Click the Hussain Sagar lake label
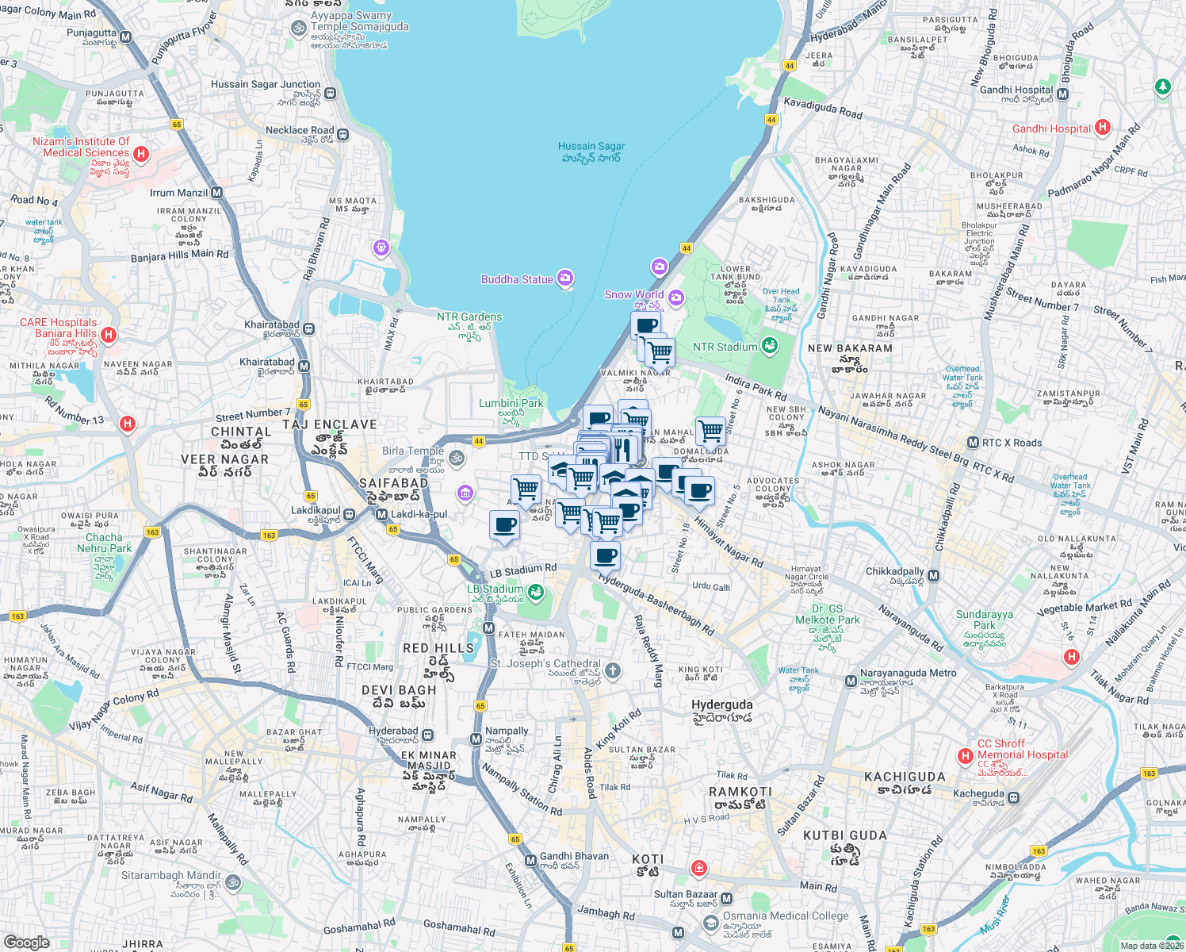(591, 152)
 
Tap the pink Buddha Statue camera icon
(565, 278)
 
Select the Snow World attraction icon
(675, 298)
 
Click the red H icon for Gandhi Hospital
(1103, 128)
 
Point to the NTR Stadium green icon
(769, 346)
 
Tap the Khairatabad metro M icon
(304, 366)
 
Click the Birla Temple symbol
(456, 458)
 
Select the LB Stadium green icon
(537, 591)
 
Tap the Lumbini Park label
(511, 404)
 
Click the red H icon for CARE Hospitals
(109, 335)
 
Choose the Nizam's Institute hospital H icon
(141, 154)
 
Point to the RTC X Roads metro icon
(973, 443)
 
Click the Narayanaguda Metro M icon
(851, 681)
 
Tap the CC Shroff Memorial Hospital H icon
(965, 756)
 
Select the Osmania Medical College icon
(711, 923)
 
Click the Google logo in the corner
(26, 942)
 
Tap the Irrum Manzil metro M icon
(216, 193)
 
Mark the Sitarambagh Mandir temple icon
(232, 882)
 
